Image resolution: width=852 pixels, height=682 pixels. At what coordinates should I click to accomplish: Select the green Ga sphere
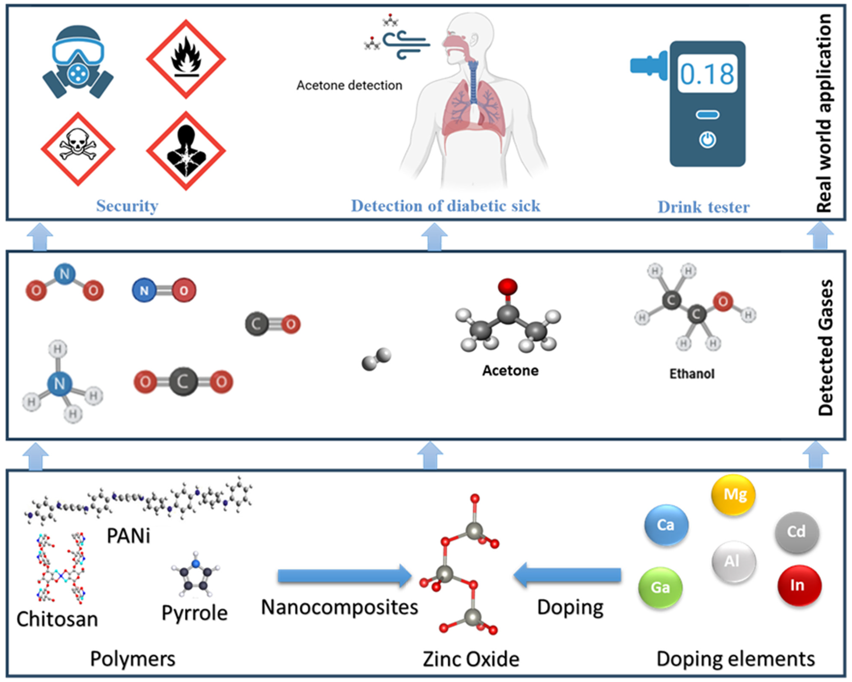pyautogui.click(x=660, y=588)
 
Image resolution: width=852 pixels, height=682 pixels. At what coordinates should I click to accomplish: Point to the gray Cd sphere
pyautogui.click(x=796, y=531)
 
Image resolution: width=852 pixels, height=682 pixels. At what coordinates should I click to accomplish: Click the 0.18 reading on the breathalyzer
pyautogui.click(x=707, y=74)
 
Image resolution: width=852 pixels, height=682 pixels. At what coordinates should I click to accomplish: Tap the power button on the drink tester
pyautogui.click(x=707, y=140)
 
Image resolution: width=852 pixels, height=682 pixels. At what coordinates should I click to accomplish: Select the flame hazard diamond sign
pyautogui.click(x=186, y=59)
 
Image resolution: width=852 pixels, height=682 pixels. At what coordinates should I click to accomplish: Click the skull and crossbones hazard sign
pyautogui.click(x=78, y=149)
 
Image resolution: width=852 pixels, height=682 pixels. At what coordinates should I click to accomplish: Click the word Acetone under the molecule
pyautogui.click(x=510, y=371)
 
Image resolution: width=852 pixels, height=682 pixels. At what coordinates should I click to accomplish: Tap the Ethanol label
pyautogui.click(x=692, y=374)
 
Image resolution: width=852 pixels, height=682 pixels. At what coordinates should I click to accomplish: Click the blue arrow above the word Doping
pyautogui.click(x=567, y=575)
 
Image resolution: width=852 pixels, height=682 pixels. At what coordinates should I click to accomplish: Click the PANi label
pyautogui.click(x=129, y=536)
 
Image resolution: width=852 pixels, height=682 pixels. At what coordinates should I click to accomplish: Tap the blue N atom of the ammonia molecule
pyautogui.click(x=59, y=383)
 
